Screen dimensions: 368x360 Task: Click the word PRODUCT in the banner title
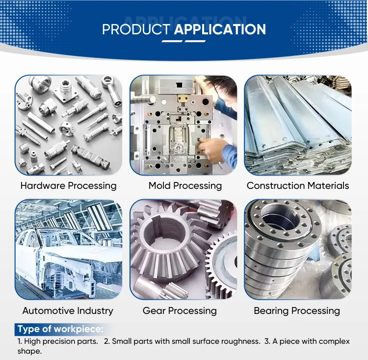point(136,29)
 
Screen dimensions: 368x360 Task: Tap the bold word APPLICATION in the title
point(220,29)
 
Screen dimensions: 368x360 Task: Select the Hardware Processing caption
point(68,186)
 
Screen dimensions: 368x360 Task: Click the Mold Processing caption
point(185,186)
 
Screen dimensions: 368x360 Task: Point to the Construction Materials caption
point(298,186)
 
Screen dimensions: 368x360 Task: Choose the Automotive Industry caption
point(68,311)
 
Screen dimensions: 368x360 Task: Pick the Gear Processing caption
point(180,311)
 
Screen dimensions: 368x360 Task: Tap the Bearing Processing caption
point(297,311)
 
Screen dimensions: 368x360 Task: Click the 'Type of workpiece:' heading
point(60,329)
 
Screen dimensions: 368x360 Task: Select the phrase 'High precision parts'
point(60,341)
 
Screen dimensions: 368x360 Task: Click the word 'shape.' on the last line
point(29,351)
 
